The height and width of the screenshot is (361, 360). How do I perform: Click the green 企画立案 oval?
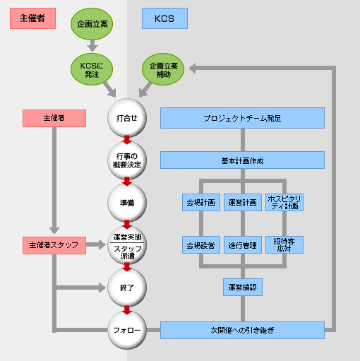pyautogui.click(x=92, y=24)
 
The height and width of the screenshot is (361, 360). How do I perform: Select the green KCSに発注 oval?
pyautogui.click(x=92, y=69)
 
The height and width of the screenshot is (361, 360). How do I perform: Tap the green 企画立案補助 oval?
pyautogui.click(x=163, y=69)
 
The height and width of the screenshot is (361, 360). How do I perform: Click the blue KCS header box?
pyautogui.click(x=164, y=18)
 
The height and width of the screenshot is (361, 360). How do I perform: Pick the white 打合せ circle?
pyautogui.click(x=127, y=118)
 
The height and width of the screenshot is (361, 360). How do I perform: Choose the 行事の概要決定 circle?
pyautogui.click(x=127, y=160)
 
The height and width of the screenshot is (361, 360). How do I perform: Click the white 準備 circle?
pyautogui.click(x=127, y=203)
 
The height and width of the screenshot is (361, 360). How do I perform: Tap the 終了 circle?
pyautogui.click(x=127, y=288)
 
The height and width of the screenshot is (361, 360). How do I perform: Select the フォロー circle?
pyautogui.click(x=127, y=330)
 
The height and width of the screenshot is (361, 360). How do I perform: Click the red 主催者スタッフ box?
pyautogui.click(x=54, y=245)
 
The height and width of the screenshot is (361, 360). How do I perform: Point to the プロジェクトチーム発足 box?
pyautogui.click(x=242, y=118)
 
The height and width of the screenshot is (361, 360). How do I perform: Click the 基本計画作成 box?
pyautogui.click(x=242, y=160)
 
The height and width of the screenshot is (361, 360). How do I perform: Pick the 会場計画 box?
pyautogui.click(x=201, y=202)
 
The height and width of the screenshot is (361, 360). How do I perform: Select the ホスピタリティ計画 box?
pyautogui.click(x=284, y=202)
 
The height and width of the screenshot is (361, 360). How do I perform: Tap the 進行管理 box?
pyautogui.click(x=243, y=245)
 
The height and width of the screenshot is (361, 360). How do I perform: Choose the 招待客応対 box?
pyautogui.click(x=284, y=245)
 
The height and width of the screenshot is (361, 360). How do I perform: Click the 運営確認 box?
pyautogui.click(x=243, y=287)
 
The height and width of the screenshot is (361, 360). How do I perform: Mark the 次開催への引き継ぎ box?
pyautogui.click(x=242, y=330)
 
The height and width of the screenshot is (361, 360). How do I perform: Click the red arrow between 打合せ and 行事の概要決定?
pyautogui.click(x=127, y=140)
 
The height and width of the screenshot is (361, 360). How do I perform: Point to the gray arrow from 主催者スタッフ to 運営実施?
pyautogui.click(x=96, y=244)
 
